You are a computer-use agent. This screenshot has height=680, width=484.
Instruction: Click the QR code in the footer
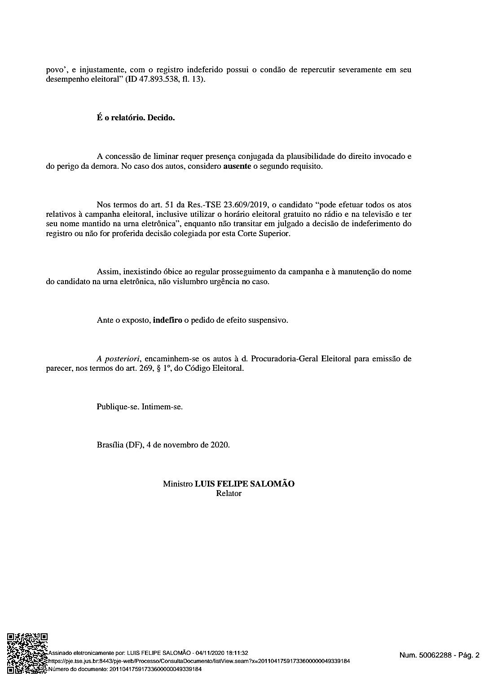click(x=26, y=653)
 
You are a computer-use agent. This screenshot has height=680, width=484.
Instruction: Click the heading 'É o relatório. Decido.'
click(x=136, y=118)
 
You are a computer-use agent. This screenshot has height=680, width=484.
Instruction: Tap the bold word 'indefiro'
click(x=167, y=320)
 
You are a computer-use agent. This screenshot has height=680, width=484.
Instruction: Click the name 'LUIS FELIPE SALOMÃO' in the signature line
click(x=244, y=484)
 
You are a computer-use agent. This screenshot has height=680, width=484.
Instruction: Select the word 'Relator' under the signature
click(x=229, y=494)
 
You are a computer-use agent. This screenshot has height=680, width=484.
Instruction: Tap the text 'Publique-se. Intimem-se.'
click(x=140, y=407)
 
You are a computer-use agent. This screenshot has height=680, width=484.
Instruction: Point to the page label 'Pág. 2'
click(x=469, y=655)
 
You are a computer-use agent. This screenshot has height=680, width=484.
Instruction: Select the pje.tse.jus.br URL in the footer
click(x=198, y=661)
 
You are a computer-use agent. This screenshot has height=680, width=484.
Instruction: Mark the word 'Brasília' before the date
click(x=110, y=445)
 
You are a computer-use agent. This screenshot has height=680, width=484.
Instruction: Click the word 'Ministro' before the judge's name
click(x=177, y=484)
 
